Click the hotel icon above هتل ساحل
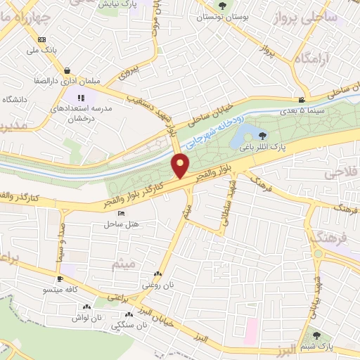121,214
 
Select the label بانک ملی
41,50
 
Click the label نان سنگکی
131,326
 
